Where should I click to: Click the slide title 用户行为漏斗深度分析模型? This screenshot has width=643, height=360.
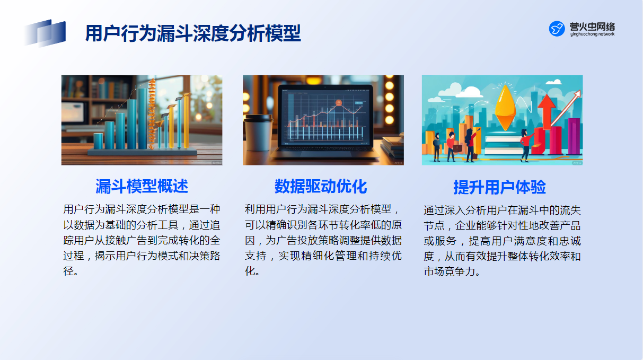tap(193, 33)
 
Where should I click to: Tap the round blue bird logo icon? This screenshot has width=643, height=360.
tap(557, 29)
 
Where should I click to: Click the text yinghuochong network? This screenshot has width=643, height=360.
tap(592, 34)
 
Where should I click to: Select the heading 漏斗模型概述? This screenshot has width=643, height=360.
tap(142, 186)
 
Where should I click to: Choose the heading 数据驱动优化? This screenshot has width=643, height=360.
tap(321, 186)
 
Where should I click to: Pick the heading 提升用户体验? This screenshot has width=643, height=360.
tap(499, 187)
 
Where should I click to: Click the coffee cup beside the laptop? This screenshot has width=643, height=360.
tap(258, 133)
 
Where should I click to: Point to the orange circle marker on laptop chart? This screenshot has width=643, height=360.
tap(339, 102)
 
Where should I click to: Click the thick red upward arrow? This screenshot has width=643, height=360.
tap(547, 111)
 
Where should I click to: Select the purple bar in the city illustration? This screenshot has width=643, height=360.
tap(574, 136)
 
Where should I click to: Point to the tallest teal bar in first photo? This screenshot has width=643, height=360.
tap(143, 118)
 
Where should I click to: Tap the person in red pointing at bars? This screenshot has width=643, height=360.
tap(526, 145)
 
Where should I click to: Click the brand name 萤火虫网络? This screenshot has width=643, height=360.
tap(593, 27)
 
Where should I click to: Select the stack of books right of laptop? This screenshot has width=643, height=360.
tap(392, 146)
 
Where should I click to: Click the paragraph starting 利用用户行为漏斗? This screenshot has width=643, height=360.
tap(323, 240)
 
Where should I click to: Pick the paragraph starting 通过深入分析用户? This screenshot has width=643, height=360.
tap(502, 241)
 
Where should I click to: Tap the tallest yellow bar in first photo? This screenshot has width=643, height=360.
tap(186, 120)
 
